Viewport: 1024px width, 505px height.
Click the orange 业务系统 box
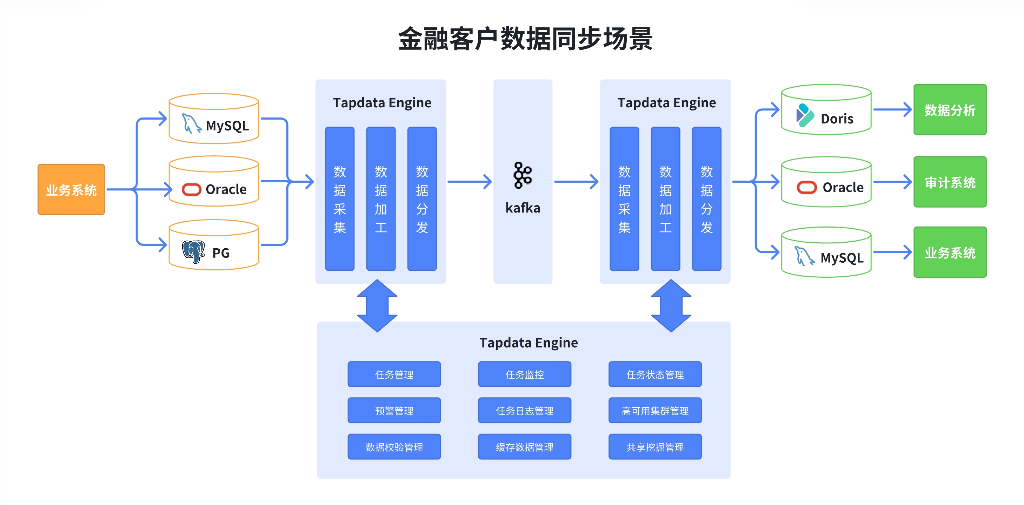tap(71, 189)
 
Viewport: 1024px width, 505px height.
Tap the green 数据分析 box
tap(950, 110)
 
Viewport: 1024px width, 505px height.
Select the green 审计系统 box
tap(950, 182)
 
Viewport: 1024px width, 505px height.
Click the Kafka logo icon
tap(522, 175)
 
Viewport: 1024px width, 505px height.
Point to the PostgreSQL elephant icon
tap(193, 251)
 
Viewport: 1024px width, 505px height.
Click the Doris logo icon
tap(805, 115)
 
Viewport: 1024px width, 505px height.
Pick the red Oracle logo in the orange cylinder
tap(191, 189)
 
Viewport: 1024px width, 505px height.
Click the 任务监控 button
tap(524, 374)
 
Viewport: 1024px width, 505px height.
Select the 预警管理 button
tap(394, 410)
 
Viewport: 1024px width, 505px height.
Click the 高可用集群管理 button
tap(655, 410)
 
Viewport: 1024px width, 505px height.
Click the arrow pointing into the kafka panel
tap(470, 182)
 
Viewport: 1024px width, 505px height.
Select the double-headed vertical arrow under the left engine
tap(377, 305)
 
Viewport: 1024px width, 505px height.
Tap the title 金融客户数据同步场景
tap(525, 39)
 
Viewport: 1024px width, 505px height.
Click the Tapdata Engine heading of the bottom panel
tap(528, 343)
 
